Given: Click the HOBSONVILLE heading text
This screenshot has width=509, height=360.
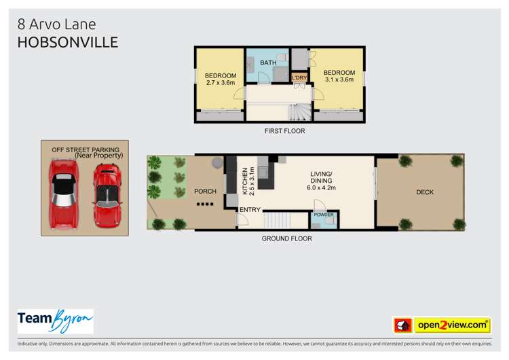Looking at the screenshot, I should click(x=68, y=42).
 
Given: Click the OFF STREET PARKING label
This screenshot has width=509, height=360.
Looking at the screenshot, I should click(x=85, y=149).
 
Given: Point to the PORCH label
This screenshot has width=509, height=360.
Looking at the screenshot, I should click(x=204, y=192).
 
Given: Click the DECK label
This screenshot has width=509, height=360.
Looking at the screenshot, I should click(x=425, y=192).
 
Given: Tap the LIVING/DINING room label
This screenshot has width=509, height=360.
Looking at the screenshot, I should click(x=322, y=178).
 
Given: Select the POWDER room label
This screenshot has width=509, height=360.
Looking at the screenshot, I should click(x=323, y=215).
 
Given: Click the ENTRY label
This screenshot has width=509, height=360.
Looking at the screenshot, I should click(x=249, y=210).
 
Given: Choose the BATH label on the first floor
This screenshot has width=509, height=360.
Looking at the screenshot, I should click(x=268, y=62).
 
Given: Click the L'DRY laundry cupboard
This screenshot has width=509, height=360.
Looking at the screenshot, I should click(x=299, y=78).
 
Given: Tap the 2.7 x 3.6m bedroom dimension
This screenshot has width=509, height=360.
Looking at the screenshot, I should click(x=221, y=83).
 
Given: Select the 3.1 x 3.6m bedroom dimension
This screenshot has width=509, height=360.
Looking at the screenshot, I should click(x=339, y=80).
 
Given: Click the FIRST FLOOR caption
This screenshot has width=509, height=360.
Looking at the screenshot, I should click(x=284, y=131).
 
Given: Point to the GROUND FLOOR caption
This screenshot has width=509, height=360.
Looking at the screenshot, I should click(x=286, y=238).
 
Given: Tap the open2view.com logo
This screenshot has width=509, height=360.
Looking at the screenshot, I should click(x=451, y=325).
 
